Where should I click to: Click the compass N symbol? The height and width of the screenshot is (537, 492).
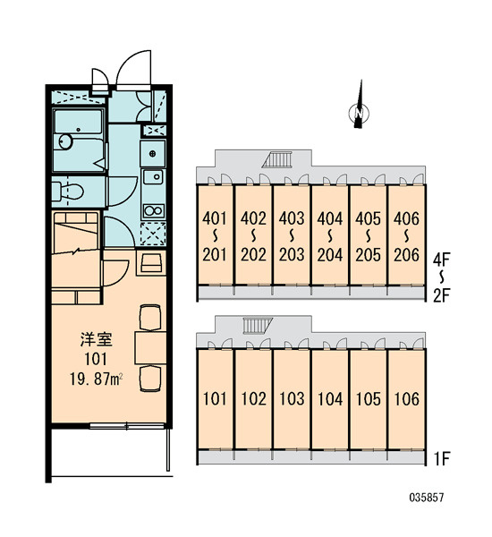click(x=359, y=113)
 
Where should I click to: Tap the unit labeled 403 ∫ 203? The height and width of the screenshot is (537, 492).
click(x=292, y=235)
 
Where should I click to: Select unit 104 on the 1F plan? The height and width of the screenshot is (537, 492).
click(x=330, y=399)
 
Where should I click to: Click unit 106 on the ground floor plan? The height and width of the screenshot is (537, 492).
click(x=406, y=399)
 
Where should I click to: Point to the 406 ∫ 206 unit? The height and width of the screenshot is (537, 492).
click(x=406, y=235)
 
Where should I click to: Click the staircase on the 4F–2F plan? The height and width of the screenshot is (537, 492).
click(x=277, y=159)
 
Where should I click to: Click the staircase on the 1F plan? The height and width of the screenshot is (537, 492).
click(x=258, y=326)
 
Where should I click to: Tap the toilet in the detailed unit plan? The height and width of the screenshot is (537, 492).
click(x=68, y=192)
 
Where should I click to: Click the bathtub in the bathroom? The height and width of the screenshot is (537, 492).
click(x=79, y=122)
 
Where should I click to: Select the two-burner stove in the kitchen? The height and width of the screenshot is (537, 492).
click(x=153, y=210)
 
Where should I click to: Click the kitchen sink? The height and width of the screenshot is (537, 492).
click(x=153, y=176)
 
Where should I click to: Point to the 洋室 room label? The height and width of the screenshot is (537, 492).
click(x=97, y=339)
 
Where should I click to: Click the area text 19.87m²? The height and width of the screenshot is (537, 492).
click(x=97, y=379)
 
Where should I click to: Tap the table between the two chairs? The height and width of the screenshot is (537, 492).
click(x=150, y=347)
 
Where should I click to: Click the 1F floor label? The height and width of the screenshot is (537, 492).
click(x=442, y=459)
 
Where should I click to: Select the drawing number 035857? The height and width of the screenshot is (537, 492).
click(x=427, y=497)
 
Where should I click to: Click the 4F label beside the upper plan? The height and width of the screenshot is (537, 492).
click(x=441, y=260)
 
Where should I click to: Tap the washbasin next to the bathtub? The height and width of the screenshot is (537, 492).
click(x=64, y=141)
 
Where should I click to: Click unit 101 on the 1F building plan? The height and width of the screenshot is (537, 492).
click(x=215, y=399)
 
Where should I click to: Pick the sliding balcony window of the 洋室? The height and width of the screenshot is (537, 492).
click(x=127, y=426)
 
